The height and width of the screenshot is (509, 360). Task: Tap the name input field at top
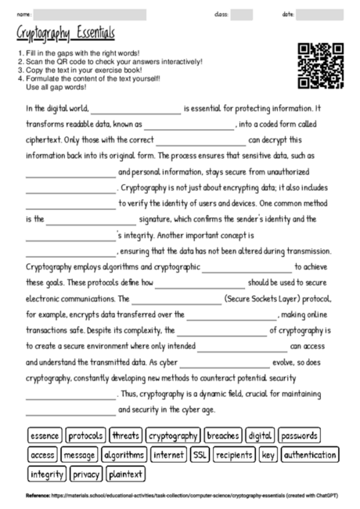91,14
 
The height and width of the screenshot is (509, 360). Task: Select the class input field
242,14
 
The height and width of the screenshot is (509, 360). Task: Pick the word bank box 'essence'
45,435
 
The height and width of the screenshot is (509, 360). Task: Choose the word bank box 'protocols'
86,435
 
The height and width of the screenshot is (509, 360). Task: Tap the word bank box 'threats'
125,435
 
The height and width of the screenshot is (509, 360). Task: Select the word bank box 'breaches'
223,435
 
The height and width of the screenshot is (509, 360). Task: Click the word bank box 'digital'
259,435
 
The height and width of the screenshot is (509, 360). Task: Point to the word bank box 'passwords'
298,435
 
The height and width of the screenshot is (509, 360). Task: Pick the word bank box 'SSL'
200,454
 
